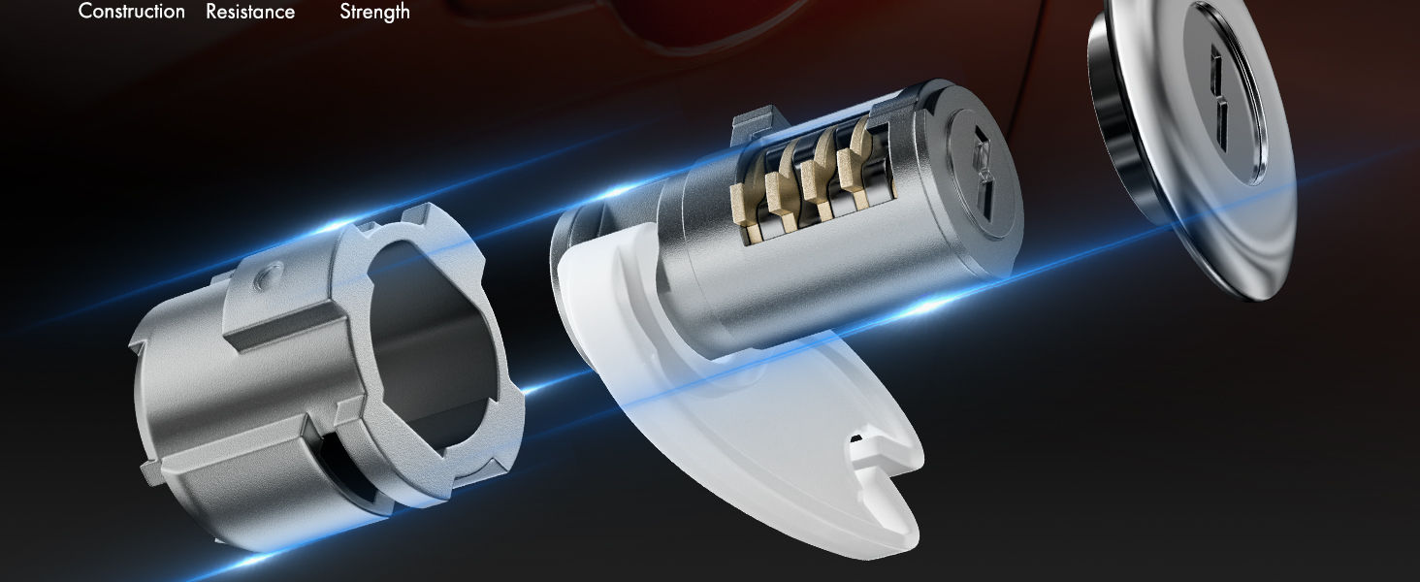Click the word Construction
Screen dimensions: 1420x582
click(131, 12)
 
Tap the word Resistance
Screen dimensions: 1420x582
click(250, 12)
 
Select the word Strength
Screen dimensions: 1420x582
click(374, 12)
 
